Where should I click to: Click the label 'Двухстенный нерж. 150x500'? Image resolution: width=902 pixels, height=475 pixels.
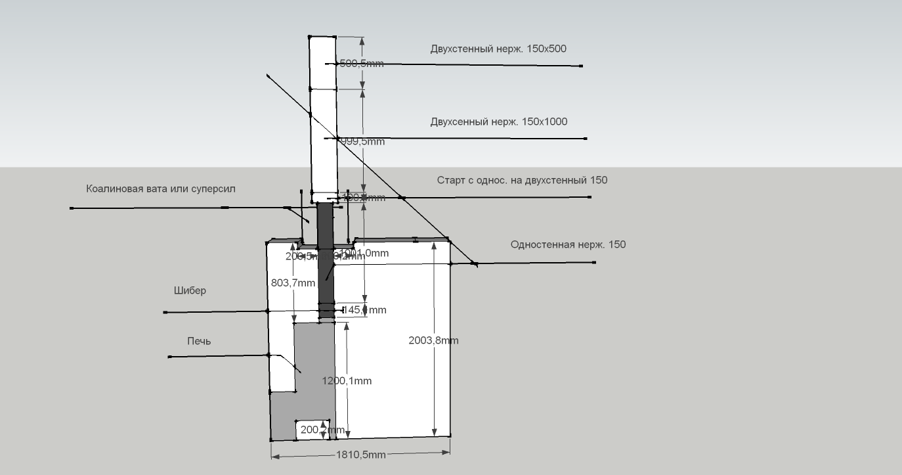pos(498,49)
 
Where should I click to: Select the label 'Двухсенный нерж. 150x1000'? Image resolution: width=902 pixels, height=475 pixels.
pos(499,122)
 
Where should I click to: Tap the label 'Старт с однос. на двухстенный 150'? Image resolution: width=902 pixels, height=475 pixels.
pos(522,180)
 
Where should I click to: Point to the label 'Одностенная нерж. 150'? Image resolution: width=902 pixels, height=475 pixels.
pos(568,244)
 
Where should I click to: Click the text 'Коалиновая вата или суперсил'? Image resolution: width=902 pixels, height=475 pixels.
pos(160,189)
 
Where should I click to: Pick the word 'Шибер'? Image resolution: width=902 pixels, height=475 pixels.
pos(190,290)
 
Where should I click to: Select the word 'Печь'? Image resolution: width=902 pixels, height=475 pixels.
pos(199,341)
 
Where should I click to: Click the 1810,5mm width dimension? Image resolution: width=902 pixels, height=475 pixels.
pos(360,455)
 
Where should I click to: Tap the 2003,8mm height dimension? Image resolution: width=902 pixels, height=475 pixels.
pos(433,340)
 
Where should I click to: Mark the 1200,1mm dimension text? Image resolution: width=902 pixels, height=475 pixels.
pos(347,381)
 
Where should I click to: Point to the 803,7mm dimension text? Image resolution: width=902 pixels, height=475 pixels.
pos(293,283)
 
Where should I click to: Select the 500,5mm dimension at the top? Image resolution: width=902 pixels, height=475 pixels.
pos(362,64)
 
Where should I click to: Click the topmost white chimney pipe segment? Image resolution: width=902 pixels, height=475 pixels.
pos(322,62)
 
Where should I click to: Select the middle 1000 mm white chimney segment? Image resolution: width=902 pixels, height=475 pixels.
pos(322,141)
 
